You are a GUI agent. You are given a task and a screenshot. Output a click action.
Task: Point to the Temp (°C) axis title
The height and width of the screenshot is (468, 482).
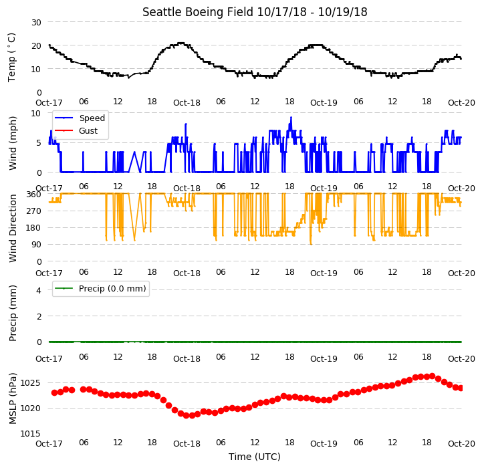pyautogui.click(x=11, y=57)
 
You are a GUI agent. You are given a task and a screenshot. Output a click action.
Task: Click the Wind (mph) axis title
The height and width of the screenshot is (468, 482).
pyautogui.click(x=13, y=143)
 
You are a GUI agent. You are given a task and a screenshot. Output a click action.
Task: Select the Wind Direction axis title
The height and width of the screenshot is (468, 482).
pyautogui.click(x=13, y=228)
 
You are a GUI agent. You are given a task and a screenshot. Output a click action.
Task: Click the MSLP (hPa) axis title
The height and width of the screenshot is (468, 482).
pyautogui.click(x=13, y=398)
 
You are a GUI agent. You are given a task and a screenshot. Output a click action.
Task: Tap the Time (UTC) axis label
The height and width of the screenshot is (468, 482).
pyautogui.click(x=255, y=457)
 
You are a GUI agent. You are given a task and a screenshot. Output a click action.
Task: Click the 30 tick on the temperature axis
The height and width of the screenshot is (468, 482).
pyautogui.click(x=36, y=23)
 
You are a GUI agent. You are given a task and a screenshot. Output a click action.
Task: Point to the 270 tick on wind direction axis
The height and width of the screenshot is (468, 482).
pyautogui.click(x=34, y=211)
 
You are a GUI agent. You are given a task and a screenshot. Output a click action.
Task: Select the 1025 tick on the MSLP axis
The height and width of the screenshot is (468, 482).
pyautogui.click(x=31, y=383)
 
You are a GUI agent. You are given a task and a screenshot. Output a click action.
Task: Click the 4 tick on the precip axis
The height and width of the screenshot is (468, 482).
pyautogui.click(x=39, y=290)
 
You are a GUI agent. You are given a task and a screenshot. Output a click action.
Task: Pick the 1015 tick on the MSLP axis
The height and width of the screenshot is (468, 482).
pyautogui.click(x=31, y=433)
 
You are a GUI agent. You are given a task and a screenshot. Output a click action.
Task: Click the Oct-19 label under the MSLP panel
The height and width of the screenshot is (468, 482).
pyautogui.click(x=324, y=444)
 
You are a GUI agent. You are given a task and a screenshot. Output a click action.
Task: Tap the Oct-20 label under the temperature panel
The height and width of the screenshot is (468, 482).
pyautogui.click(x=461, y=103)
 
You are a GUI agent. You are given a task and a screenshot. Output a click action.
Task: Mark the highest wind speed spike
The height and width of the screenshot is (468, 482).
pyautogui.click(x=291, y=118)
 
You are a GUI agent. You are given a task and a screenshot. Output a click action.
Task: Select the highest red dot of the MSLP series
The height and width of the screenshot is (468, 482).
pyautogui.click(x=433, y=376)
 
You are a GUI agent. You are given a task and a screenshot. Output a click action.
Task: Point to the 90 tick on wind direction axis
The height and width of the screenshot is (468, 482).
pyautogui.click(x=37, y=245)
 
